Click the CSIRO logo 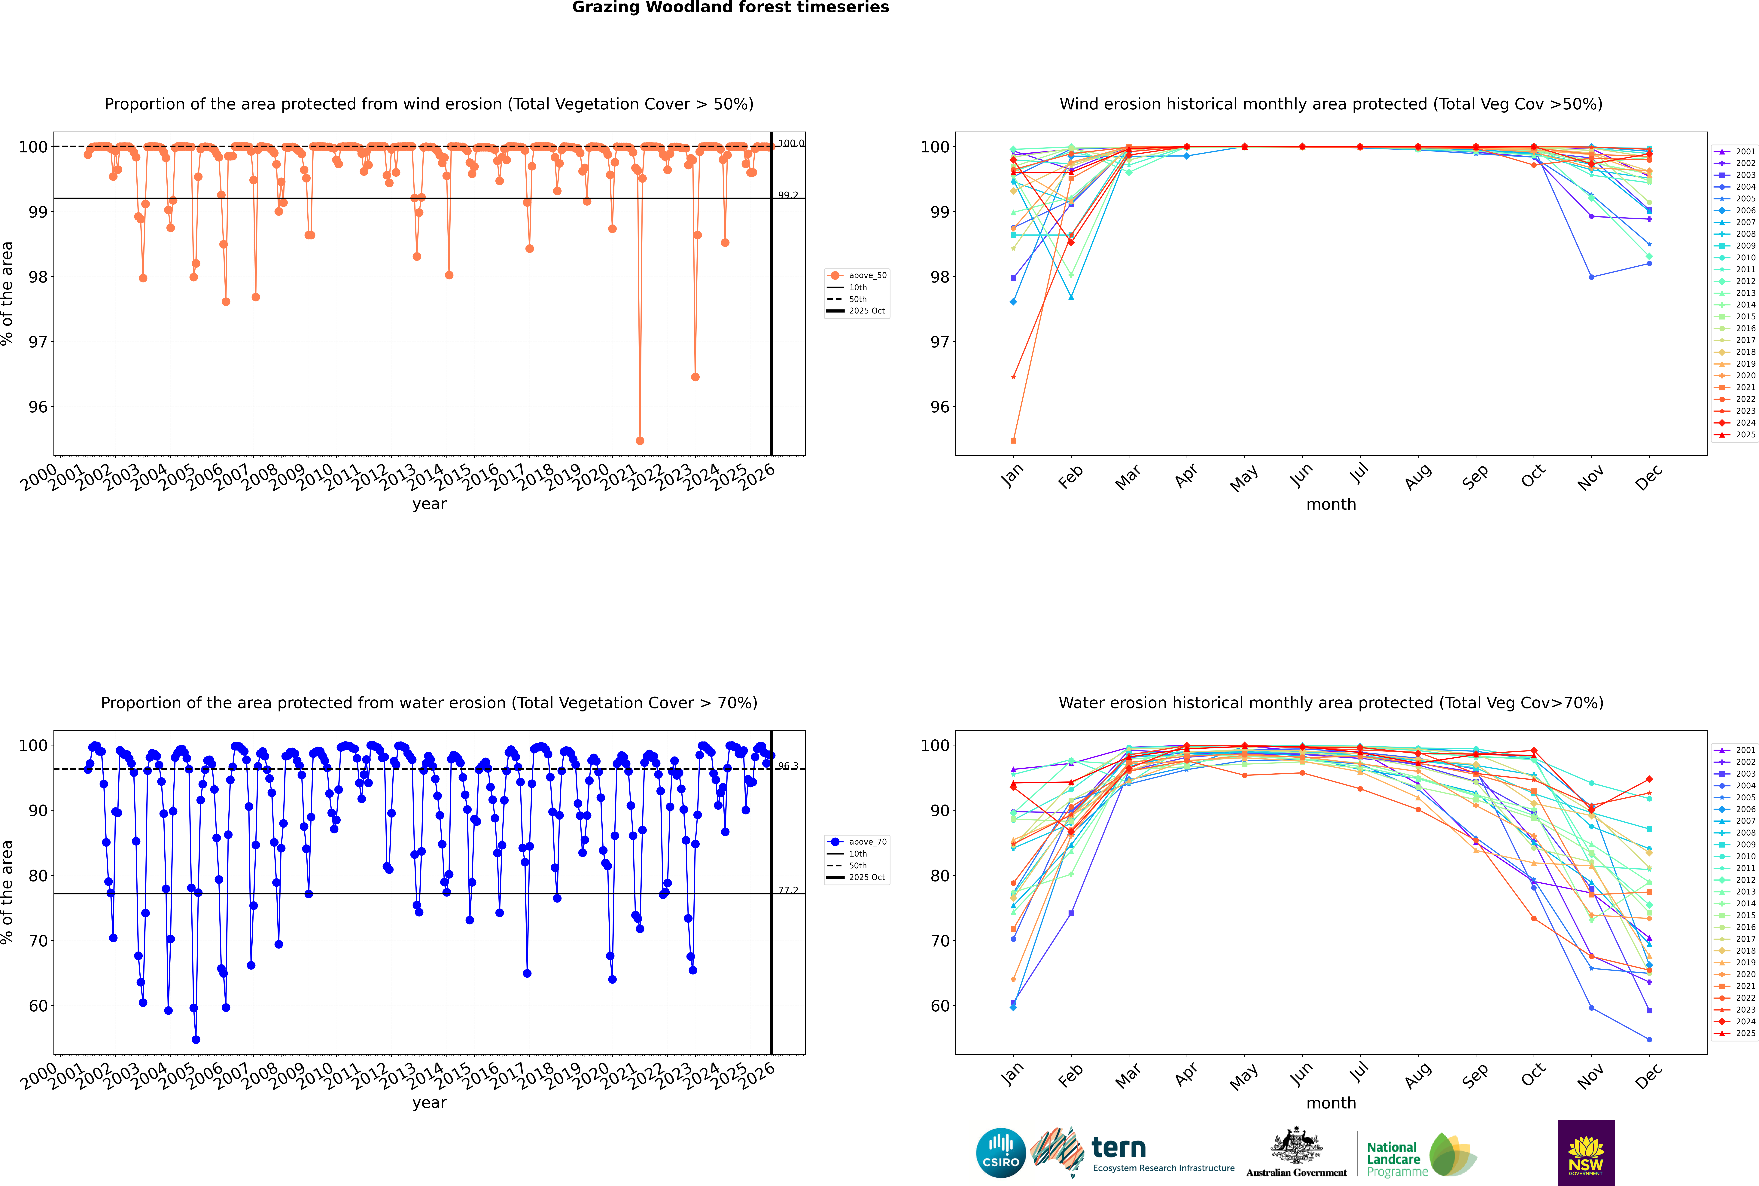pos(1000,1153)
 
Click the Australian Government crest pos(1296,1146)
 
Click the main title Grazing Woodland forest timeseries pos(731,8)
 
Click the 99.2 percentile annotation pos(788,195)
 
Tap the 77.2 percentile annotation pos(788,890)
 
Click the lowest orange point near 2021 pos(640,440)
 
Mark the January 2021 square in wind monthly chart pos(1013,440)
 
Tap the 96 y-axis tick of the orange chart pos(38,407)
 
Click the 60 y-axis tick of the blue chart pos(38,1006)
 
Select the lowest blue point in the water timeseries pos(196,1039)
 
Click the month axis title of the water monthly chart pos(1331,1103)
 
